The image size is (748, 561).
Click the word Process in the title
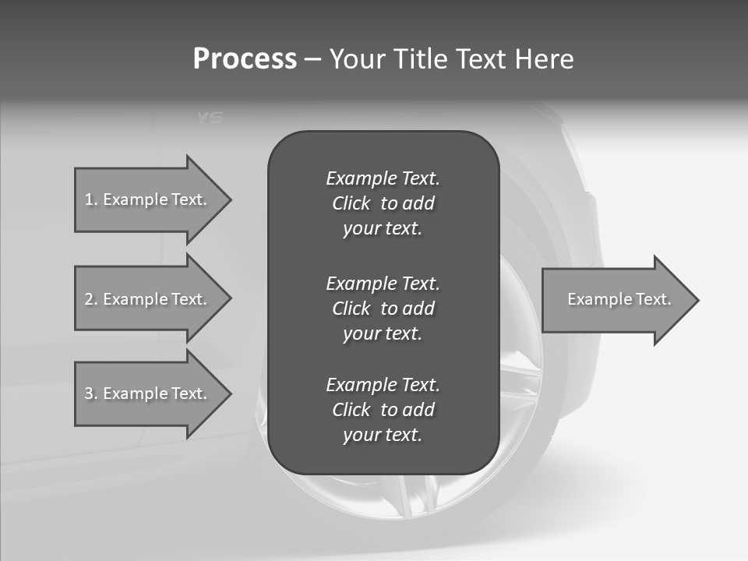pos(245,59)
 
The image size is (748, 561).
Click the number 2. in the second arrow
pos(90,299)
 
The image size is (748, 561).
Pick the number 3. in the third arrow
pos(90,393)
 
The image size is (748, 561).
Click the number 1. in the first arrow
pos(90,199)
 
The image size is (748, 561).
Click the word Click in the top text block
pos(351,203)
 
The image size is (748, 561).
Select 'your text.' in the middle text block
pos(383,333)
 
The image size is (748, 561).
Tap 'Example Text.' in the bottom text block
pos(383,385)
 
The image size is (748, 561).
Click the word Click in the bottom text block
pos(351,410)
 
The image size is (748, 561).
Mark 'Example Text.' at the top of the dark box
pos(383,178)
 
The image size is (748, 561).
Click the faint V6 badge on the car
pos(210,118)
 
